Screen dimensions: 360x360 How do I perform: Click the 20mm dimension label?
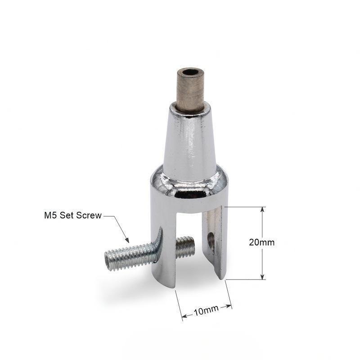261,242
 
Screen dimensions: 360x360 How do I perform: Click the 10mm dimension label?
206,310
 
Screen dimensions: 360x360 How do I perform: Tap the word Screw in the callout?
89,216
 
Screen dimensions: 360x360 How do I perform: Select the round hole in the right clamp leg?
211,238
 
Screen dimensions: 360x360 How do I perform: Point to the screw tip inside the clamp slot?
185,247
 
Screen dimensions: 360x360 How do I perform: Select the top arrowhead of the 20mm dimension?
262,209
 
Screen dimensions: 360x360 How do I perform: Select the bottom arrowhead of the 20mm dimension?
262,277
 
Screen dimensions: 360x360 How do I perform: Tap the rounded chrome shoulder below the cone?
189,184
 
